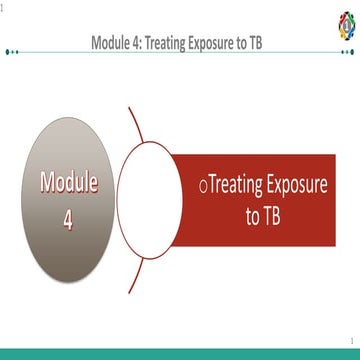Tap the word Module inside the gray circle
[x=69, y=183]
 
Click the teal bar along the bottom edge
[x=180, y=354]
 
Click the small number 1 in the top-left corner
[x=3, y=7]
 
